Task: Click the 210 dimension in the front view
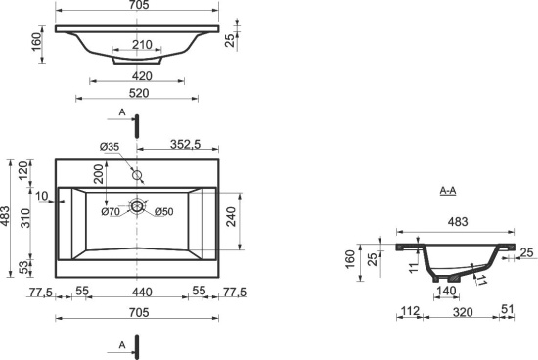(x=142, y=45)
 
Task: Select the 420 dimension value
(x=142, y=76)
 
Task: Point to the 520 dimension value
(x=139, y=93)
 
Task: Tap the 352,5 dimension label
(x=185, y=144)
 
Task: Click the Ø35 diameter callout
(x=110, y=147)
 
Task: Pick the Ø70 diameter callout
(x=111, y=212)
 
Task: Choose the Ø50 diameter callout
(x=164, y=212)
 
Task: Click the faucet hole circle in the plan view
(x=137, y=175)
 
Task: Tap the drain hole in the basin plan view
(x=137, y=206)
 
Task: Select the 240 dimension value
(x=231, y=216)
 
